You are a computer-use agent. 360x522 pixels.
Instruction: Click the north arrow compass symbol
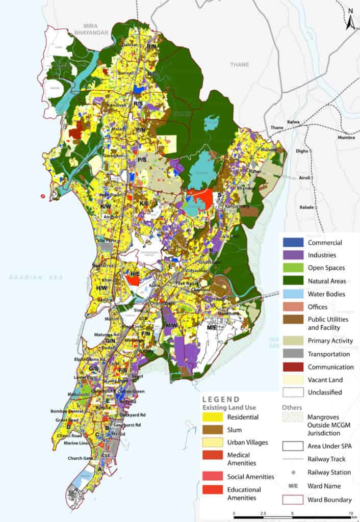point(350,19)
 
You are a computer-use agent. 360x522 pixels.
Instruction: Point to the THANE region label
point(239,65)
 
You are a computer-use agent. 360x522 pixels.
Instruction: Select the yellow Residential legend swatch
point(213,417)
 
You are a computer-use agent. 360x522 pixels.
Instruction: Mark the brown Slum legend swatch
point(213,430)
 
